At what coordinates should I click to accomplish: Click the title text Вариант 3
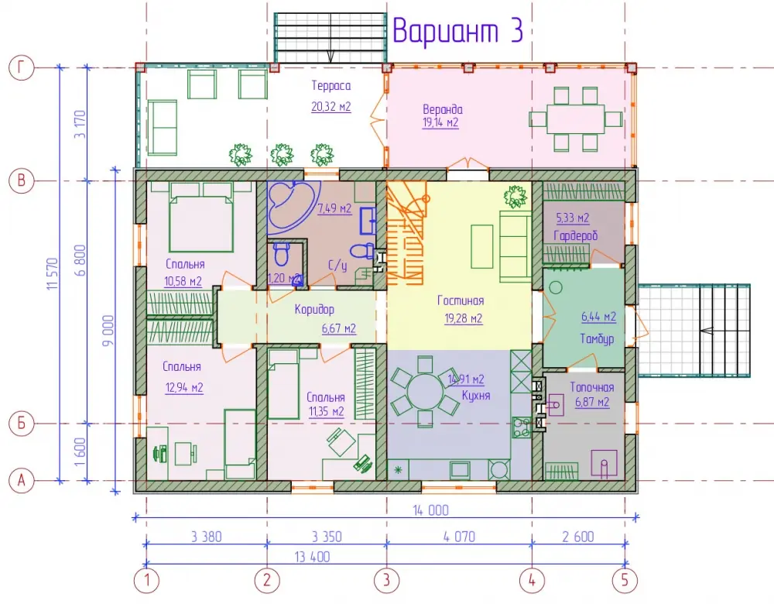coord(457,31)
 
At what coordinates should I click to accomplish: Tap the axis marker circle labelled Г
coord(21,67)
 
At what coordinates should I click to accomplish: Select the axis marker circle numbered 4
coord(533,580)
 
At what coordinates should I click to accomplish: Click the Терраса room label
coord(331,85)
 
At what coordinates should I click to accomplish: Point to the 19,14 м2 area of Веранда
coord(440,122)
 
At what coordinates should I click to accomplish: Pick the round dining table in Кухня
coord(426,392)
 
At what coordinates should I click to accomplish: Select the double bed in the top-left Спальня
coord(200,217)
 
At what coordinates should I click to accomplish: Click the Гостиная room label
coord(461,300)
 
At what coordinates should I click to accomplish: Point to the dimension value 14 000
coord(431,510)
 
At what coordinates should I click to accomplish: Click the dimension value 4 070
coord(459,537)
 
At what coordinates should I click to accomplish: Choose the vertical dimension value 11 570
coord(53,273)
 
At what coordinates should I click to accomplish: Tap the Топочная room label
coord(592,387)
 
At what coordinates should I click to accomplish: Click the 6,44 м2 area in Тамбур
coord(599,317)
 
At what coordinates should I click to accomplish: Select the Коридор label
coord(314,310)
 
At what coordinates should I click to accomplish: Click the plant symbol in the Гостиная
coord(515,196)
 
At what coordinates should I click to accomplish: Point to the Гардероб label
coord(576,235)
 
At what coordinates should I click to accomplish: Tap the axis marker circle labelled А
coord(21,480)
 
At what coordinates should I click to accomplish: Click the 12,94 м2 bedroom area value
coord(184,388)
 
